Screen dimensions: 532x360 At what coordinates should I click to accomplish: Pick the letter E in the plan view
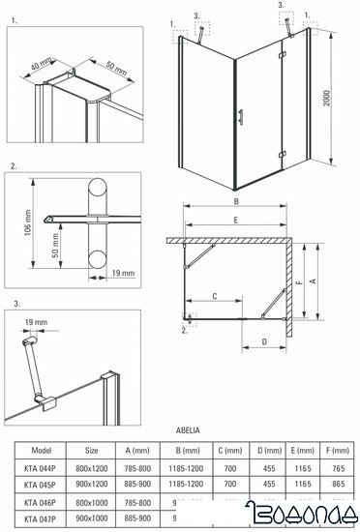[x=236, y=220]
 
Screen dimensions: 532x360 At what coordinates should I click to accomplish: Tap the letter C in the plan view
[x=214, y=296]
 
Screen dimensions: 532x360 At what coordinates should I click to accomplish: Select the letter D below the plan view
[x=263, y=342]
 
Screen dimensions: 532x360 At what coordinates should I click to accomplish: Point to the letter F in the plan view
[x=299, y=283]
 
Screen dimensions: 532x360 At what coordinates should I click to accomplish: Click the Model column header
[x=42, y=450]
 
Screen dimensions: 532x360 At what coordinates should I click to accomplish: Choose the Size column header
[x=91, y=450]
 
